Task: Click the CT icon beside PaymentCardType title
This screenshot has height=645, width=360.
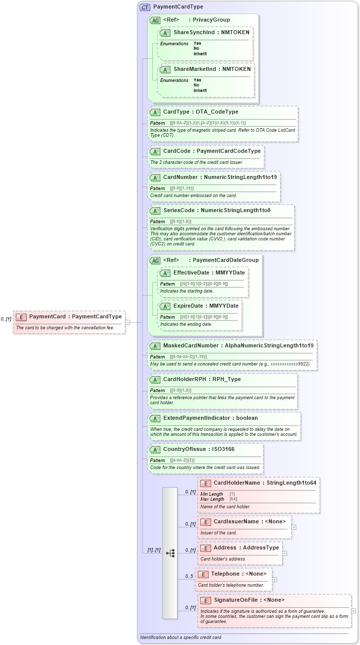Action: point(145,7)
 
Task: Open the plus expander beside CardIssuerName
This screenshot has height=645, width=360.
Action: point(294,527)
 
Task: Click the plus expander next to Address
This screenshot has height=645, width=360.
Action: point(285,553)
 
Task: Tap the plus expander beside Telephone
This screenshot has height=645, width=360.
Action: point(275,579)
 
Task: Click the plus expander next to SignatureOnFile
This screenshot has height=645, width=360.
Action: point(353,611)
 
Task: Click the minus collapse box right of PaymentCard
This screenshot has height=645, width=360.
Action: point(128,322)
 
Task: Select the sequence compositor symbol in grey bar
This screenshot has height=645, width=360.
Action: point(169,553)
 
